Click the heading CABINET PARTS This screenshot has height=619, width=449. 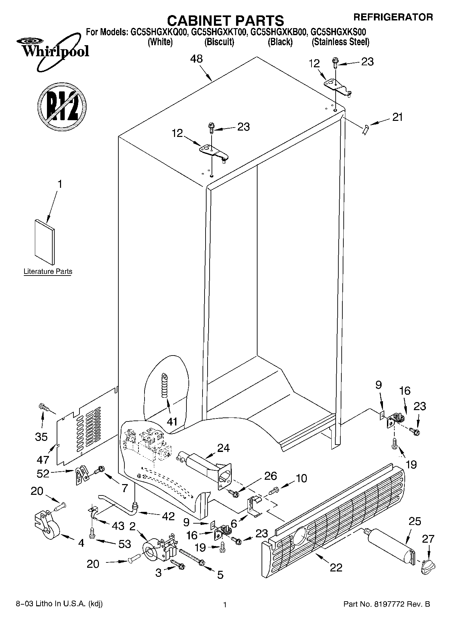pyautogui.click(x=225, y=20)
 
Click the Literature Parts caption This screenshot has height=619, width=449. pyautogui.click(x=48, y=271)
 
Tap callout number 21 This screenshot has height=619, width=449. pyautogui.click(x=397, y=117)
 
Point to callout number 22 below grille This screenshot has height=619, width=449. pyautogui.click(x=336, y=567)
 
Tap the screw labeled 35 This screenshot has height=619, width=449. pyautogui.click(x=44, y=408)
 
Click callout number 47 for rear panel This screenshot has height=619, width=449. pyautogui.click(x=43, y=460)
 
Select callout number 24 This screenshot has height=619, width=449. pyautogui.click(x=223, y=448)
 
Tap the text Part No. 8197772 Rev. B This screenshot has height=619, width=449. pyautogui.click(x=386, y=604)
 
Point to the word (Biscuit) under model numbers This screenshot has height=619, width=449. pyautogui.click(x=219, y=42)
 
